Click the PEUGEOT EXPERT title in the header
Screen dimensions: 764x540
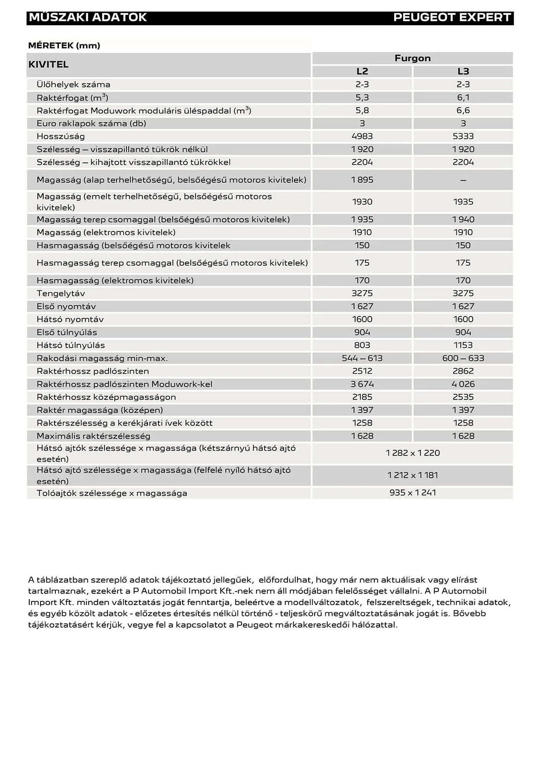coord(452,18)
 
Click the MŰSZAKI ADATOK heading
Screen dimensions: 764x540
coord(88,18)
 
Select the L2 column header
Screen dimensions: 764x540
coord(362,71)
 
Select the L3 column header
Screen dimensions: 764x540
coord(463,71)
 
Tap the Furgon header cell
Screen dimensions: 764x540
coord(412,58)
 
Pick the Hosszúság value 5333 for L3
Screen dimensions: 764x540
coord(463,136)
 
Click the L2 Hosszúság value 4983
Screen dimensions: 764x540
coord(362,136)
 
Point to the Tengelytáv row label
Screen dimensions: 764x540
coord(61,293)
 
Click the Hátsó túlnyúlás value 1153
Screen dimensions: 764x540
coord(463,345)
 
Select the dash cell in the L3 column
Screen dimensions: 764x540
coord(463,180)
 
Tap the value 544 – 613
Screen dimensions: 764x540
coord(362,358)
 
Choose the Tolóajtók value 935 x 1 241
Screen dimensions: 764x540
coord(412,493)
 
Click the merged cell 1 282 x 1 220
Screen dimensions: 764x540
coord(412,453)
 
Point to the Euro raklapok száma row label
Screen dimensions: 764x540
coord(91,123)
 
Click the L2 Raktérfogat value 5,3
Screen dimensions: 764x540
coord(362,97)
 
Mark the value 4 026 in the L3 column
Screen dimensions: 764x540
coord(463,384)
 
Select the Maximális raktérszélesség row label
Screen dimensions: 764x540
coord(93,436)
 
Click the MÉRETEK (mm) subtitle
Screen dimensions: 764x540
coord(64,46)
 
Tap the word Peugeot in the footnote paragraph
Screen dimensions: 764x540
coord(254,625)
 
